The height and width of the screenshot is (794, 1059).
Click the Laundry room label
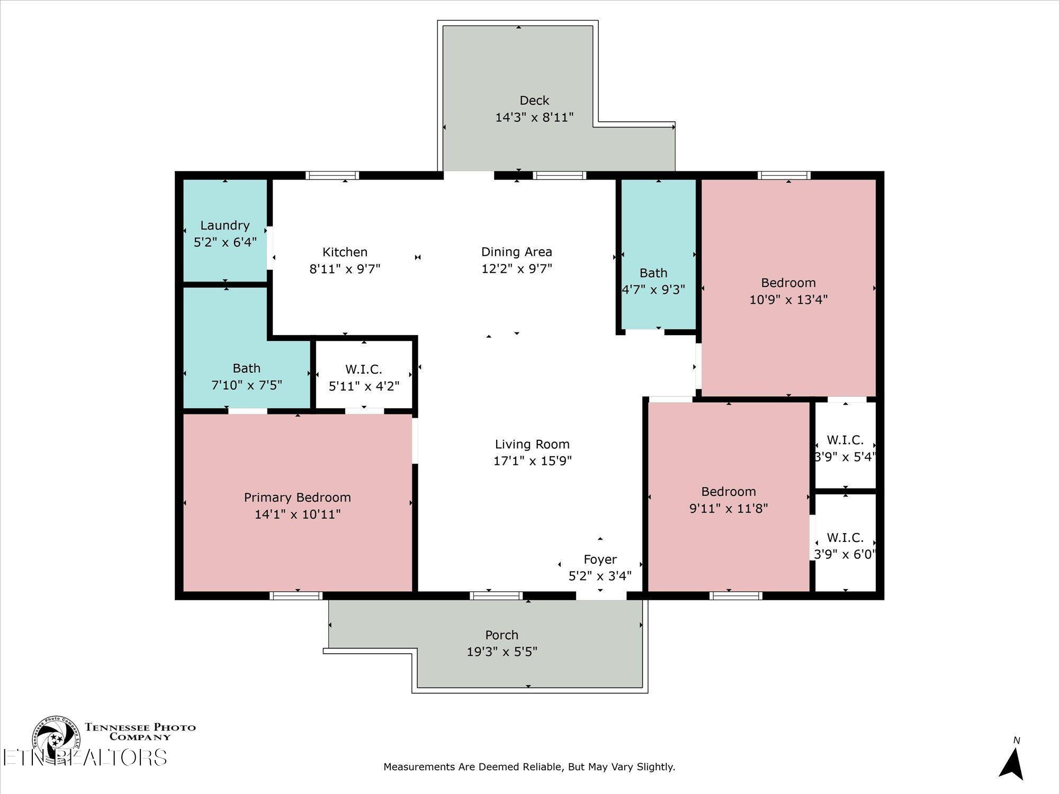(x=225, y=225)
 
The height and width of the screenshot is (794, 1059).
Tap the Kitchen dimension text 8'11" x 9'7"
(x=345, y=269)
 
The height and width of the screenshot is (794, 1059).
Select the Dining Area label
(x=516, y=252)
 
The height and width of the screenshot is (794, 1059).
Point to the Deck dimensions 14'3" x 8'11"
(x=534, y=118)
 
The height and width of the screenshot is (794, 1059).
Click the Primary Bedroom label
(x=297, y=498)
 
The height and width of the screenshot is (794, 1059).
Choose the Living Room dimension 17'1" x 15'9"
(x=532, y=461)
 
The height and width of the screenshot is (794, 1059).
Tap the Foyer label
(x=600, y=560)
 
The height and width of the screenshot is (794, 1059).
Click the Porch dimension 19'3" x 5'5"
(x=501, y=652)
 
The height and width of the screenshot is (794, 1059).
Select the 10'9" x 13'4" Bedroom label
(x=788, y=283)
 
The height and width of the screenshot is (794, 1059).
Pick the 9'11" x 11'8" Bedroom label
(x=729, y=492)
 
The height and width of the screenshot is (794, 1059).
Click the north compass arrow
(x=1011, y=765)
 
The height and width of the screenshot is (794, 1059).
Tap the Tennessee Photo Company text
(x=140, y=732)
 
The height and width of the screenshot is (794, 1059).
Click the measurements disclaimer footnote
(x=529, y=766)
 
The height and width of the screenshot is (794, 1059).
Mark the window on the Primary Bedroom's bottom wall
(x=296, y=595)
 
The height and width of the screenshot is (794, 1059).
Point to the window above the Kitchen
(x=333, y=176)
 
